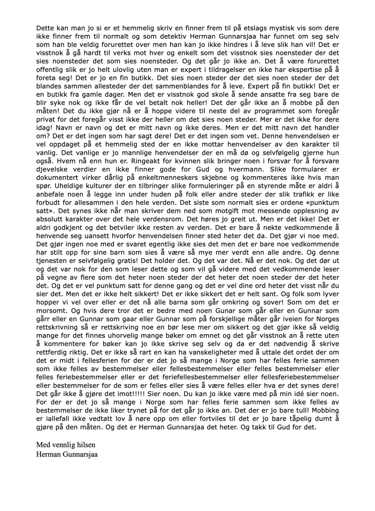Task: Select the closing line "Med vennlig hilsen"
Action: click(x=65, y=444)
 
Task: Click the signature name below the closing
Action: click(x=67, y=454)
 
